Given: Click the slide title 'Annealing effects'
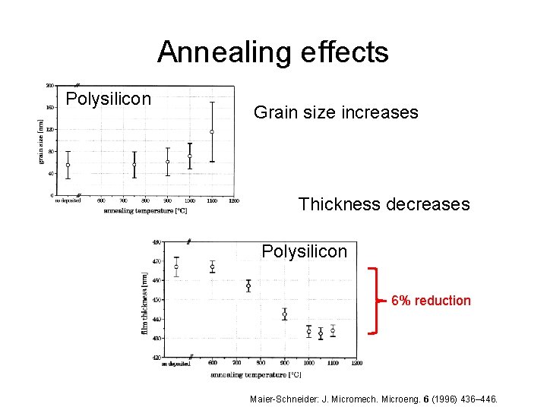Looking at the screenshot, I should pos(273,52).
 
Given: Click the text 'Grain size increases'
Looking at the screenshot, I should pos(336,113).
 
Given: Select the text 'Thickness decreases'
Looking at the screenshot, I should pos(384,204).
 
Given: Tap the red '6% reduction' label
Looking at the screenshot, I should pos(431,301).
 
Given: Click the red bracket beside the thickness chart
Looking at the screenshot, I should pos(373,301).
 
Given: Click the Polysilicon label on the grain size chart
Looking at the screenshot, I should pos(109,99).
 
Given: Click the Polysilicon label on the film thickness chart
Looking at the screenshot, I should pos(304,251).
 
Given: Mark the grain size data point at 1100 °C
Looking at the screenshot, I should pos(212,131).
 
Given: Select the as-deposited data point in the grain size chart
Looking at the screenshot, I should pos(68,165).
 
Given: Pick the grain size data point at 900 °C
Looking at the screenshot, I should pos(168,162).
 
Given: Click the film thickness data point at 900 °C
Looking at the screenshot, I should pos(284,314).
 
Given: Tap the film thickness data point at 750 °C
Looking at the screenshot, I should pos(248,286).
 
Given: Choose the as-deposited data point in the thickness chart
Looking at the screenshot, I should pos(176,266).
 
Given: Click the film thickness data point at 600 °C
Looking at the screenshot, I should pos(213,266).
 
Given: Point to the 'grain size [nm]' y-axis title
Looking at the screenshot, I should pos(41,140).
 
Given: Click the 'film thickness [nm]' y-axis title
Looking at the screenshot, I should pos(144,304).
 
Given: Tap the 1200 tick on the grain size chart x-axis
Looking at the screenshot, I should pos(234,201).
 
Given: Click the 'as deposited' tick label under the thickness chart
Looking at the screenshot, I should pos(175,364).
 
